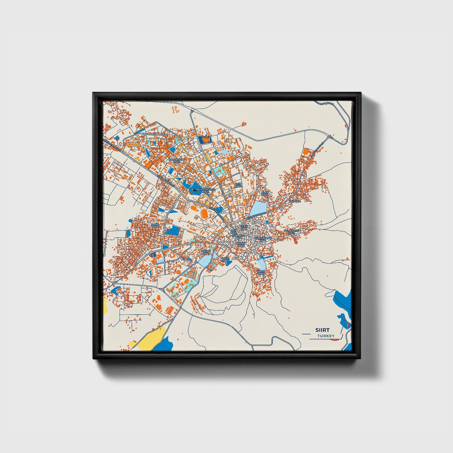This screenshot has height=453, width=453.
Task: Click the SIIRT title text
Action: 323,330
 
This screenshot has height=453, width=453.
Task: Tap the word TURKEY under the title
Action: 326,336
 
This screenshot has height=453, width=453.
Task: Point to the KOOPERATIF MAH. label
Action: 177,161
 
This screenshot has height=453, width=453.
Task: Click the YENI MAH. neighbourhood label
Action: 239,185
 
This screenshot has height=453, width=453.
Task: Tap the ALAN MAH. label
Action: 265,193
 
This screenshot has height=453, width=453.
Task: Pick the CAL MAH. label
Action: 295,201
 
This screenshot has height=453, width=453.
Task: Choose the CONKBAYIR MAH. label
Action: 291,232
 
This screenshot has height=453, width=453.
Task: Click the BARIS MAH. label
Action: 155,226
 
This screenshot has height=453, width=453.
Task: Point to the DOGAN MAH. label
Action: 205,252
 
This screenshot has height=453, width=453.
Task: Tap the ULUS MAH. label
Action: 261,272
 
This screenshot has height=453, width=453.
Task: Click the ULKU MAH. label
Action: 244,227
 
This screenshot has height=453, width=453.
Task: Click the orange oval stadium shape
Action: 204,214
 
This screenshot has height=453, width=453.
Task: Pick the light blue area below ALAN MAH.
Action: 260,208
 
